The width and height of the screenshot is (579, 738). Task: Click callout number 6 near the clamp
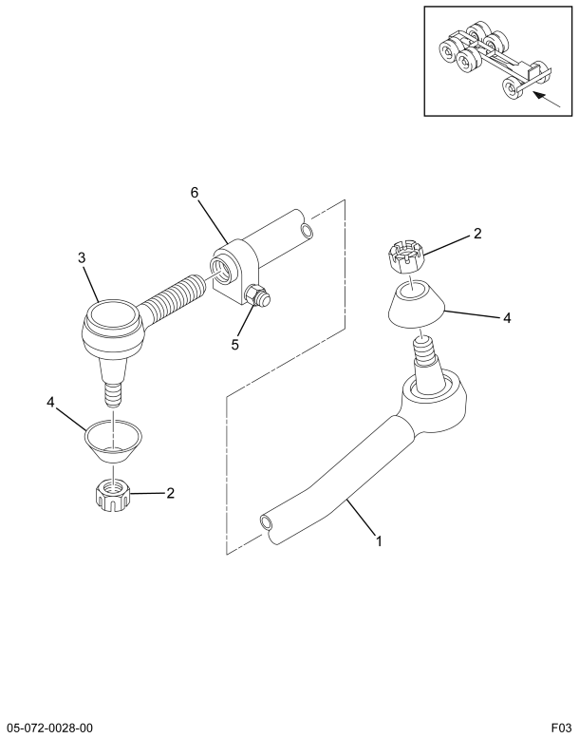tap(195, 192)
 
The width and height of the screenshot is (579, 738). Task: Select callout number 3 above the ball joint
tap(82, 257)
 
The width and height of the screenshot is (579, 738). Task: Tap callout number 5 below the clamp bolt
tap(234, 345)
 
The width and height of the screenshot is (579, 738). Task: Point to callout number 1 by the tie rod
tap(379, 541)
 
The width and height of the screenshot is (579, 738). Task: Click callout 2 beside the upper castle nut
tap(477, 234)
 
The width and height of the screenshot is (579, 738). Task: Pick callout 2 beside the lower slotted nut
tap(170, 493)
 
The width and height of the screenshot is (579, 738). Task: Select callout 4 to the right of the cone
tap(507, 318)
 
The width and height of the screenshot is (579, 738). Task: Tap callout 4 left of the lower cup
tap(51, 402)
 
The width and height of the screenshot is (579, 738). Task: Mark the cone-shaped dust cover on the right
tap(416, 304)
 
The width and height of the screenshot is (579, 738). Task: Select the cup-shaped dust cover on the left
tap(113, 441)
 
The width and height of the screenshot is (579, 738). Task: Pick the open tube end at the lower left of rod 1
tap(266, 522)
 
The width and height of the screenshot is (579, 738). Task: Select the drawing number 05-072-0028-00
tap(50, 729)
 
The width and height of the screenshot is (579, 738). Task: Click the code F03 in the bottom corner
tap(561, 729)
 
